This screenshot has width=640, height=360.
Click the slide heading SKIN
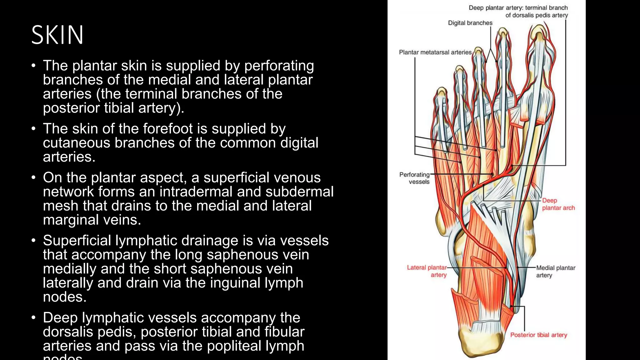(57, 35)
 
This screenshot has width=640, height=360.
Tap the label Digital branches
(470, 23)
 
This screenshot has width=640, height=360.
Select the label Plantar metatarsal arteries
(435, 52)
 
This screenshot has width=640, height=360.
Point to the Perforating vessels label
(415, 178)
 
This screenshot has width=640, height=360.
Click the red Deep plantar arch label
(558, 204)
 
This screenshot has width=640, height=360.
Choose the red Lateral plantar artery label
(427, 271)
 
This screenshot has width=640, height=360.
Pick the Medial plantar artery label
(556, 271)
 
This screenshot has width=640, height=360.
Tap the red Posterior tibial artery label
(538, 335)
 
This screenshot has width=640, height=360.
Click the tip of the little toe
(441, 91)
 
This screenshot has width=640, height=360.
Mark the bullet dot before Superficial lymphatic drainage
(34, 241)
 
